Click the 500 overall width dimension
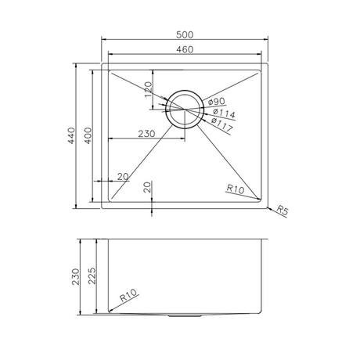coord(185,34)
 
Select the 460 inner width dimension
coord(185,50)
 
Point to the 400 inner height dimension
coord(88,137)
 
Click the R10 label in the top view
coord(234,189)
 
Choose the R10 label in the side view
coord(129,297)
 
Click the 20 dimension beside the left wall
coord(121,176)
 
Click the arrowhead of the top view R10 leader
coord(258,200)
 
